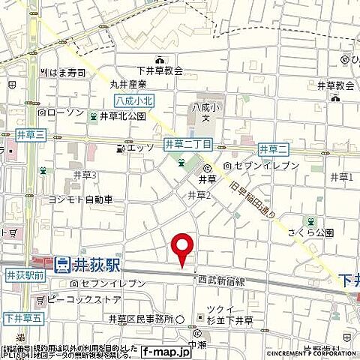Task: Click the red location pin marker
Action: point(182,249)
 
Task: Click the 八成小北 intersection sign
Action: point(117,100)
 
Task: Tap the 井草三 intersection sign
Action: point(31,134)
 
